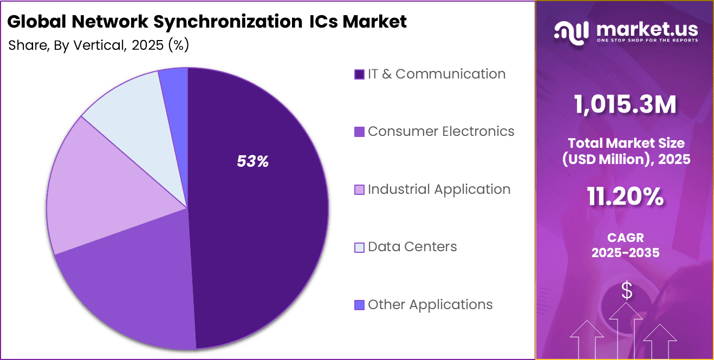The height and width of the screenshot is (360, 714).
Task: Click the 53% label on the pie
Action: pos(253,161)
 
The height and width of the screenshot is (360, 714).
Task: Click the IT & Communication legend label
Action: pos(436,74)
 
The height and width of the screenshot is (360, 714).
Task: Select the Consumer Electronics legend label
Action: pos(440,132)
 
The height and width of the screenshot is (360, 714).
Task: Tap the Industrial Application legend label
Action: pos(439,189)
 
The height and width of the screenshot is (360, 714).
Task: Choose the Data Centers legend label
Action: pos(412,247)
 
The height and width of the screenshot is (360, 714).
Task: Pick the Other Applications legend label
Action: pos(430,305)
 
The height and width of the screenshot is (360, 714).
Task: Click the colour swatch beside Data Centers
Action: pos(359,247)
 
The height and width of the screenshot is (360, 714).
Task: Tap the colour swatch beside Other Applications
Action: pos(359,305)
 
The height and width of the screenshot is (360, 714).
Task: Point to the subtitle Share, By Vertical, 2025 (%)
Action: pos(99,45)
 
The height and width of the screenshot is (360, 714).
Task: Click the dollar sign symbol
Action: pos(626,291)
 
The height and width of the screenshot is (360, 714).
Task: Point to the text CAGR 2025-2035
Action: pos(626,245)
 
